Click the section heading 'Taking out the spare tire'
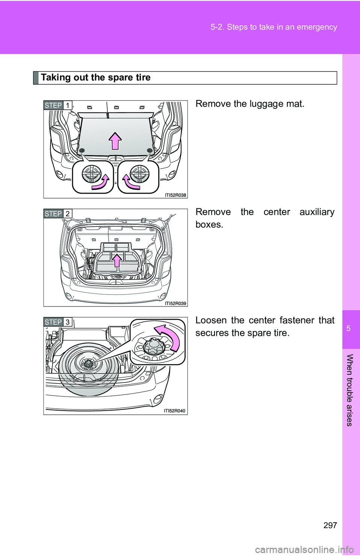pos(96,78)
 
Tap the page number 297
pos(330,525)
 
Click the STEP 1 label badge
pos(58,105)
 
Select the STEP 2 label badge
pos(58,214)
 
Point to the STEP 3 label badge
pos(58,322)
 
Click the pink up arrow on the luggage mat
pos(115,141)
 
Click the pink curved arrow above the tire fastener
pos(169,336)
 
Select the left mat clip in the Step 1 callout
pos(91,174)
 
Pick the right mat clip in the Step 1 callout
pos(139,174)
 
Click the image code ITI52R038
pos(175,195)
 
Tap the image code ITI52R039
pos(175,303)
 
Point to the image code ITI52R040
pos(175,411)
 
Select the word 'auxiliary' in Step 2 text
pos(317,212)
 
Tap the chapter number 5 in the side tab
pos(348,329)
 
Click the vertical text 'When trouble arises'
pos(349,390)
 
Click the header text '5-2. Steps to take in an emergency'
pos(274,27)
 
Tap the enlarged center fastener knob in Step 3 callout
pos(154,345)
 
